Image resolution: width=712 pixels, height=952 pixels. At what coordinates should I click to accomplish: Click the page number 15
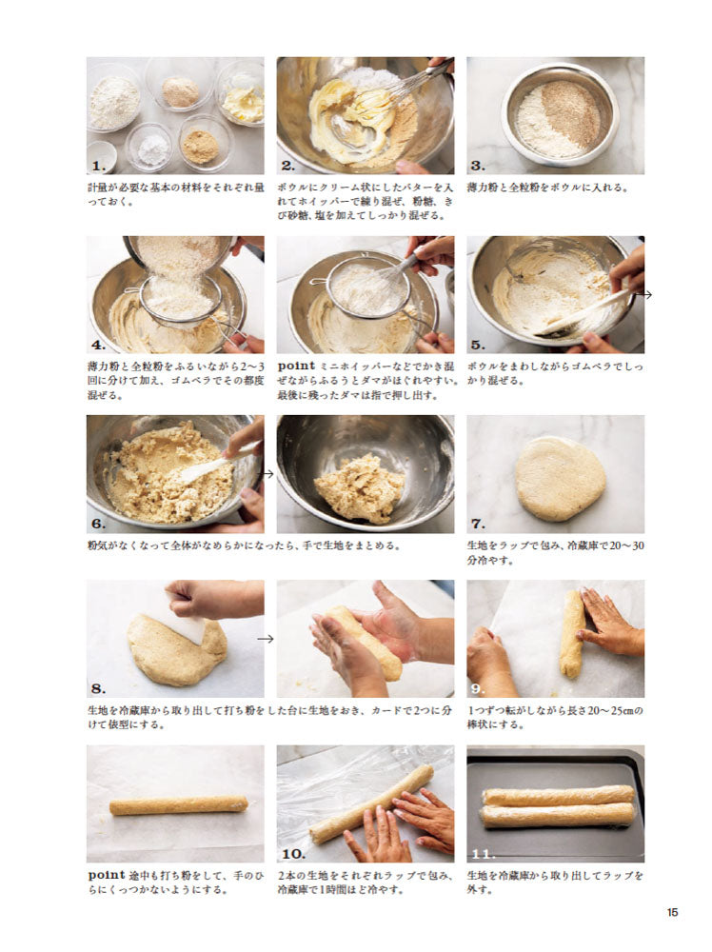(672, 912)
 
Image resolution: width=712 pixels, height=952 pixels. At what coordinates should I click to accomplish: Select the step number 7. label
(480, 524)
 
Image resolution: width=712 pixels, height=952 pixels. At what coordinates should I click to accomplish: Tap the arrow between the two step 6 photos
(268, 473)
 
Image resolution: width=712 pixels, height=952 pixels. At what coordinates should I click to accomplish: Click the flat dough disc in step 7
(560, 478)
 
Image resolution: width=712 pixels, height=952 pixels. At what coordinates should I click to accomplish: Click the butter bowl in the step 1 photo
(242, 95)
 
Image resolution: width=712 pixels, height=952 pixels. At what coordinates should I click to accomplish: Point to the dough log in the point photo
(178, 805)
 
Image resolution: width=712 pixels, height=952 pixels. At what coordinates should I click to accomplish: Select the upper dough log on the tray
(558, 796)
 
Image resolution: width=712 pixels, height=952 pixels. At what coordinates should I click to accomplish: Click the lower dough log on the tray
(558, 815)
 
